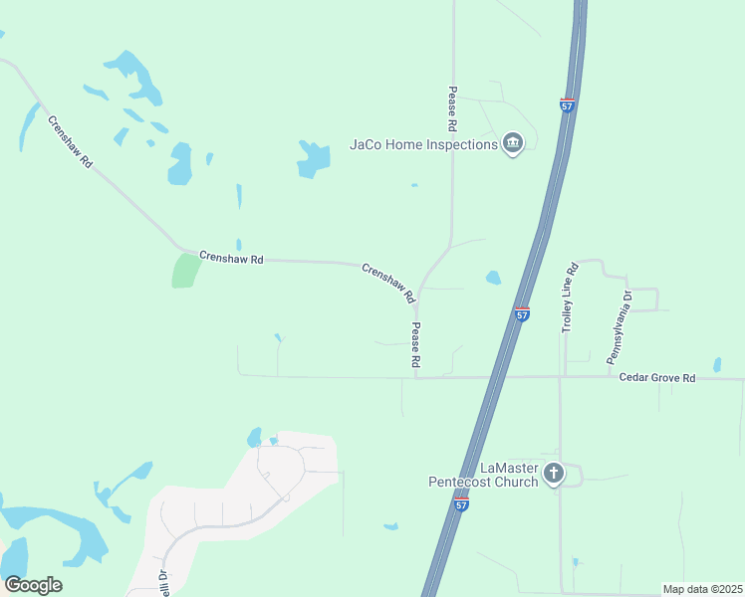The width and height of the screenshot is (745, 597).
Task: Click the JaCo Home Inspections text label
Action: (423, 144)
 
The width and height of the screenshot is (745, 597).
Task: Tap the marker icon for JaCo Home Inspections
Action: (513, 144)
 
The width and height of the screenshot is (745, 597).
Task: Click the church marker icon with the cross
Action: (554, 475)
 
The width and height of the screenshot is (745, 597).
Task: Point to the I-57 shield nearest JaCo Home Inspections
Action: (567, 105)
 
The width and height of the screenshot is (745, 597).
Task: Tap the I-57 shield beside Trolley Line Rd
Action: (522, 314)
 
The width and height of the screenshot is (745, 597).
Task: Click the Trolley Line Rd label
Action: (571, 298)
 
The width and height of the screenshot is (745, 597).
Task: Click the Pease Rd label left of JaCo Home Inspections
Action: (451, 109)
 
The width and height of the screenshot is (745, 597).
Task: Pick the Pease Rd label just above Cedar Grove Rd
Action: (415, 345)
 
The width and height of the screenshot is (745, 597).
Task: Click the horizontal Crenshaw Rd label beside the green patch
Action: (231, 259)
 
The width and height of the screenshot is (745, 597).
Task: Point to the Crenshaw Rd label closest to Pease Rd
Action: (387, 283)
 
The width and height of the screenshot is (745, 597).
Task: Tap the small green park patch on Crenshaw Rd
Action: (184, 271)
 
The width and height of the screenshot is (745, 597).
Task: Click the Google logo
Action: (33, 585)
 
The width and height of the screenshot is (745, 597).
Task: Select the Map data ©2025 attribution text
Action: (703, 590)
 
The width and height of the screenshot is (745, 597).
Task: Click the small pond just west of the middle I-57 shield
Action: (493, 279)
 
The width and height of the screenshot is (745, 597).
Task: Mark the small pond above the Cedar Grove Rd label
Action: (716, 364)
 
